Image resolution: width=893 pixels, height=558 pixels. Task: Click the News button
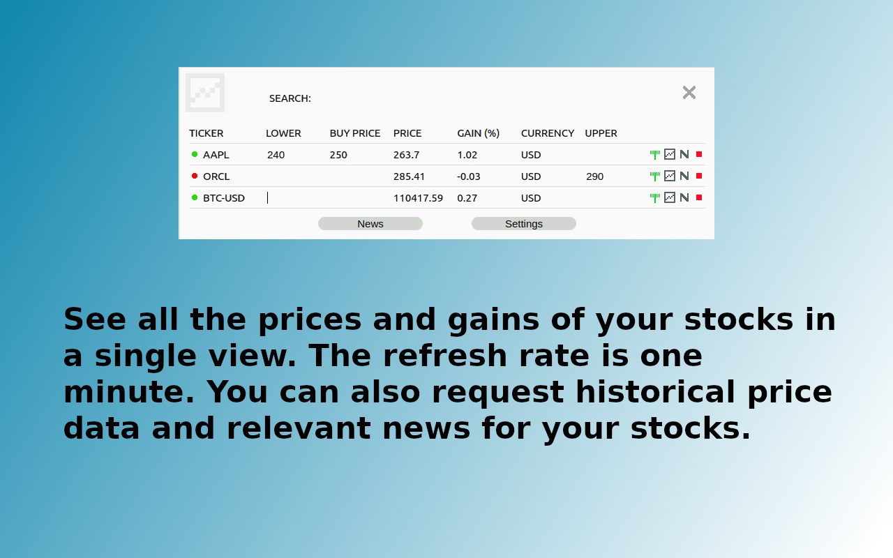point(370,224)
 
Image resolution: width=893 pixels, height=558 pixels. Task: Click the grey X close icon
point(689,93)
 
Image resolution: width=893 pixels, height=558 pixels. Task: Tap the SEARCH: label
point(290,98)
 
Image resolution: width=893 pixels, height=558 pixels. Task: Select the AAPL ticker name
point(216,155)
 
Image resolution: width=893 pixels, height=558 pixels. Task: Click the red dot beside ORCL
point(195,176)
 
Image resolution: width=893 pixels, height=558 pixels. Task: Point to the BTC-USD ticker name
point(224,198)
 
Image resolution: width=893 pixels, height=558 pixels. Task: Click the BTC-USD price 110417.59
point(418,198)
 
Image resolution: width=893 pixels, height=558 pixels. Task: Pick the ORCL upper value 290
point(594,176)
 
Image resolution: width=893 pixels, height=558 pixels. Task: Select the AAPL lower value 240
point(276,155)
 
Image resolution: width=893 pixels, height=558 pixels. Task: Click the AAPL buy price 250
point(338,155)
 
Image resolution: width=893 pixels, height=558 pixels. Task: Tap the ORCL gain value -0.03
point(468,176)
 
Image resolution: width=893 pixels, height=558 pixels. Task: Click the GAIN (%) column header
point(478,133)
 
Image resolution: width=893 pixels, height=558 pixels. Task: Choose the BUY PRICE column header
point(355,133)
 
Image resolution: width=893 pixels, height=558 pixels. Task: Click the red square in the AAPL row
point(699,154)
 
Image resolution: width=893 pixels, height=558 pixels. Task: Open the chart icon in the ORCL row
point(670,176)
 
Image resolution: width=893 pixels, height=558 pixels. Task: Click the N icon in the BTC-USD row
point(684,197)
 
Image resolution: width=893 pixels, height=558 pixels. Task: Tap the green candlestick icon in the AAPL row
point(654,155)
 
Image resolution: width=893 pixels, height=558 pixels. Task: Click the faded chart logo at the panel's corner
point(205,93)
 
